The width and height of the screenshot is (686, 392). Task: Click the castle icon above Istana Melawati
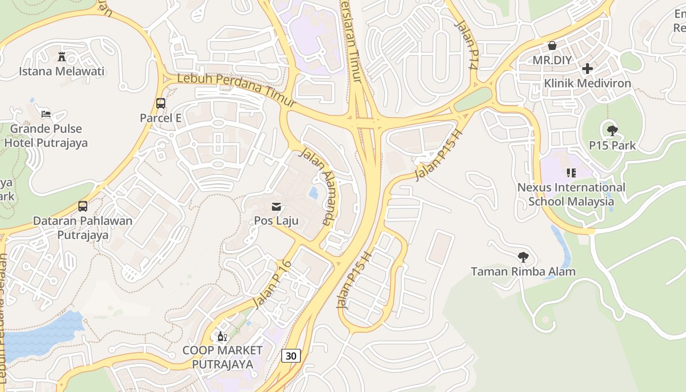pyautogui.click(x=62, y=56)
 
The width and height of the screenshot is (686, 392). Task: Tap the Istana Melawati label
pyautogui.click(x=62, y=72)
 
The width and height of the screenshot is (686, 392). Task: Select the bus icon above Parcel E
pyautogui.click(x=161, y=103)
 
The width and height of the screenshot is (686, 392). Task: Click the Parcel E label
pyautogui.click(x=161, y=118)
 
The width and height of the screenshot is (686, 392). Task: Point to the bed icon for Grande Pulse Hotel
pyautogui.click(x=46, y=114)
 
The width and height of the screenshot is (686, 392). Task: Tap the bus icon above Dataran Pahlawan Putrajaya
pyautogui.click(x=83, y=206)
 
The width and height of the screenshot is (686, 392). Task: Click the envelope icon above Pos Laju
pyautogui.click(x=276, y=206)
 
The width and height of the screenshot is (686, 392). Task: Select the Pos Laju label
pyautogui.click(x=276, y=220)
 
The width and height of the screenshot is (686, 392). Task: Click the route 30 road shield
pyautogui.click(x=291, y=356)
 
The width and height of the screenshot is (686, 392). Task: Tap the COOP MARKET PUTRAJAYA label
pyautogui.click(x=222, y=357)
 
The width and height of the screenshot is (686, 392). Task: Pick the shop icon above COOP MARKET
pyautogui.click(x=222, y=337)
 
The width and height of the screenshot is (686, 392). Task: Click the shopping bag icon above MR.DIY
pyautogui.click(x=552, y=46)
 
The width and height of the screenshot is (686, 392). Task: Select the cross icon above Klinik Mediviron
pyautogui.click(x=588, y=69)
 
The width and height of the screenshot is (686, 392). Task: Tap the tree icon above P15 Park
pyautogui.click(x=612, y=130)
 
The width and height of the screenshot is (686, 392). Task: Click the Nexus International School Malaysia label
pyautogui.click(x=571, y=195)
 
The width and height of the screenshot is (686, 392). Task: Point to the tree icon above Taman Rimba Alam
pyautogui.click(x=523, y=257)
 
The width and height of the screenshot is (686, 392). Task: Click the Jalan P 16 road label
pyautogui.click(x=273, y=284)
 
